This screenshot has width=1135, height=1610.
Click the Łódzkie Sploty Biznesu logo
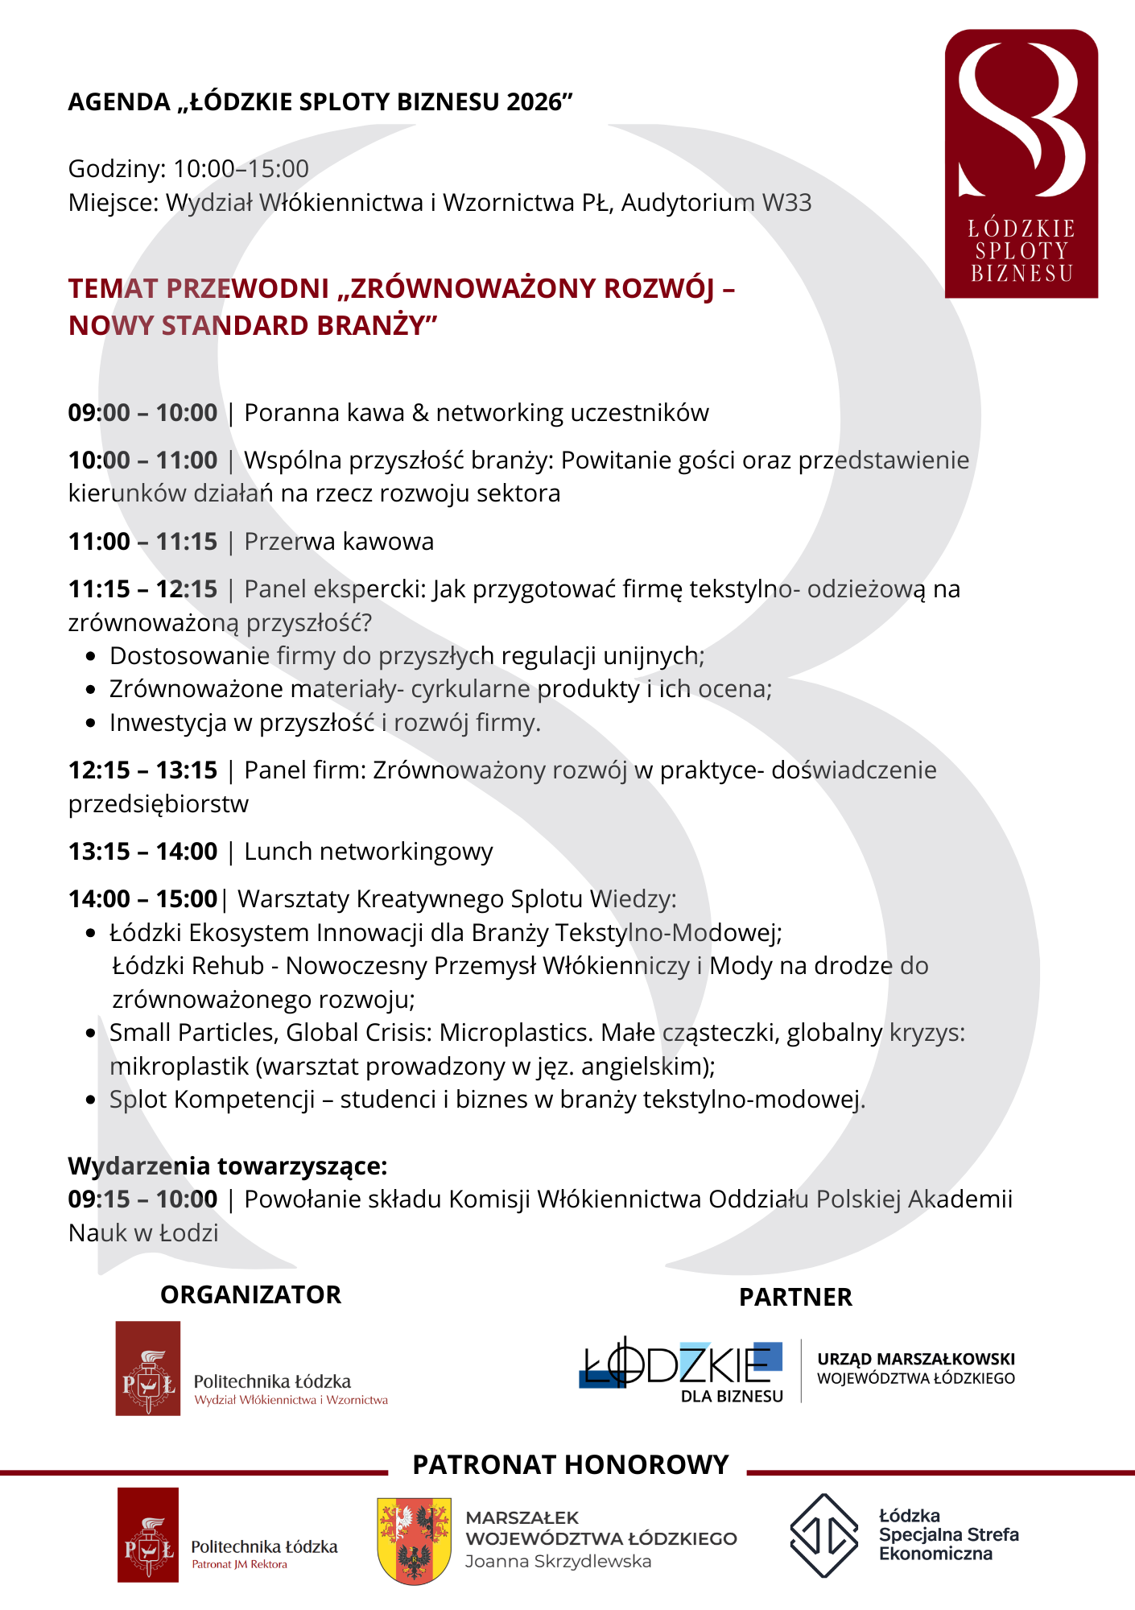coord(1021,163)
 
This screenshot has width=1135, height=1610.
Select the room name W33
coord(786,202)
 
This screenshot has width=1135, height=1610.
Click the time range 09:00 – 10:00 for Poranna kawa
coord(142,413)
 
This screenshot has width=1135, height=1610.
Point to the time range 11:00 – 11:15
coord(142,542)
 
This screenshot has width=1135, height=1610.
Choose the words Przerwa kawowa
coord(339,542)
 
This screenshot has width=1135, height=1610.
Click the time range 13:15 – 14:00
coord(142,852)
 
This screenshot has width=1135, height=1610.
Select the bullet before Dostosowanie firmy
coord(91,657)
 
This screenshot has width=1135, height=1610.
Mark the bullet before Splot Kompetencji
coord(91,1100)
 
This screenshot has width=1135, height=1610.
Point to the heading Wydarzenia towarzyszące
coord(228,1166)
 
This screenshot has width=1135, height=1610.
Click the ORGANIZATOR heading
coord(251,1294)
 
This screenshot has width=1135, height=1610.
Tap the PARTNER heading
coord(795,1297)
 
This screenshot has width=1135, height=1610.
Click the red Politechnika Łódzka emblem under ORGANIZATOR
coord(148,1368)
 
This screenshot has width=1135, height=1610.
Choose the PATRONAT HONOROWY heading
coord(570,1464)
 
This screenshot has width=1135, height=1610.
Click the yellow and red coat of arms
coord(414,1540)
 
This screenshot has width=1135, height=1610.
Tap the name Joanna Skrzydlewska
coord(558,1562)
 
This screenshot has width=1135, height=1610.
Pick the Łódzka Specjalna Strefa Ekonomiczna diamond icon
coord(823,1535)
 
